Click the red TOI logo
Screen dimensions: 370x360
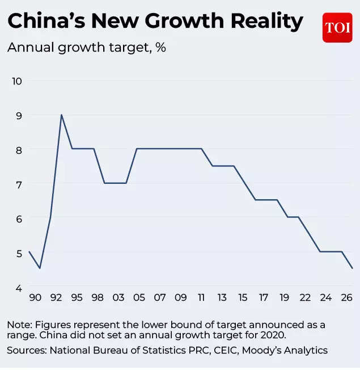coord(337,27)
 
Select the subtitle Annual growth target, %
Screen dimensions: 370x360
coord(86,47)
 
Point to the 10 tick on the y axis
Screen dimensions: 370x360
coord(16,81)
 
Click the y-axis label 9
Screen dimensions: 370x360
coord(19,115)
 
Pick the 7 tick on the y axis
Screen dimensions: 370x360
coord(19,184)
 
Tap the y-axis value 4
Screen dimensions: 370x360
coord(19,287)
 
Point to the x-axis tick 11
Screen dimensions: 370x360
coord(201,298)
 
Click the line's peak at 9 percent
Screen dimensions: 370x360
coord(61,115)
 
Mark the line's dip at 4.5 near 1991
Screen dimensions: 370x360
coord(39,268)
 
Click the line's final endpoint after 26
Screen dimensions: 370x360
coord(353,268)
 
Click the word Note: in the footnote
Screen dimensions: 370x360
coord(20,325)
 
